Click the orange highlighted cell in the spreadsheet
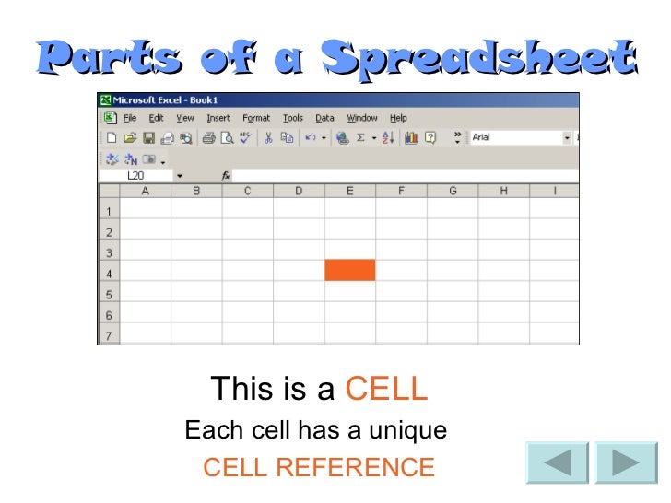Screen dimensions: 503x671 349,270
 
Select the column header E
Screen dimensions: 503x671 350,191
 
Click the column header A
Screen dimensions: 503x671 146,191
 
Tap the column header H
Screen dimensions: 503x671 503,191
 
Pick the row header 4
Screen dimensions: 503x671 109,274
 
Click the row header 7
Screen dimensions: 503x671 109,336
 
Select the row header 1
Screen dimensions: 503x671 109,211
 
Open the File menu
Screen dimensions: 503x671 130,118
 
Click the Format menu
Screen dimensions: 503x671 256,118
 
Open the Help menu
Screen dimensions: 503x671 398,118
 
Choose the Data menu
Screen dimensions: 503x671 324,118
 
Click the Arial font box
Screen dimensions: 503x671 516,137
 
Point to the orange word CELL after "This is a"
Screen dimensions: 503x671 386,390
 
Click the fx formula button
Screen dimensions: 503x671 226,175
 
